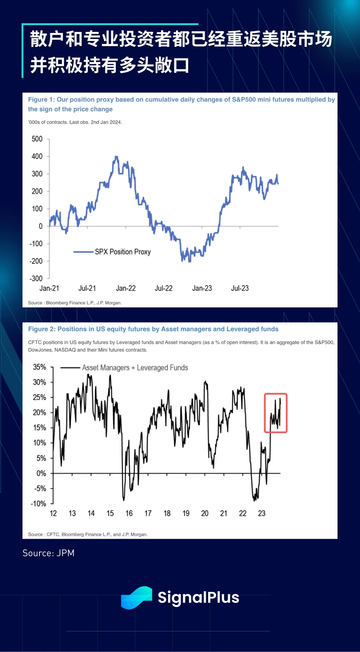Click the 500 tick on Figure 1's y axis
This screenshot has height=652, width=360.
[x=37, y=139]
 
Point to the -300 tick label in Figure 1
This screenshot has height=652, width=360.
[x=36, y=279]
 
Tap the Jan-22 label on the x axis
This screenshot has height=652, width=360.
[x=126, y=288]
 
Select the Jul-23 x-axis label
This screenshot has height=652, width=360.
[x=240, y=288]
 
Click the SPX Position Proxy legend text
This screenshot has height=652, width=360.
[x=123, y=252]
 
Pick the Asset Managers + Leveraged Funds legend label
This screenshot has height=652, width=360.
[x=135, y=368]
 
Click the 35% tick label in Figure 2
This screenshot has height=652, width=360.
[x=39, y=367]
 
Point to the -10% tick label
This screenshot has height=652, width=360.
[x=38, y=504]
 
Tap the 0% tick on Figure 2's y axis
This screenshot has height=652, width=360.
[x=41, y=474]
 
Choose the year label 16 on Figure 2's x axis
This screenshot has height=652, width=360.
[x=129, y=513]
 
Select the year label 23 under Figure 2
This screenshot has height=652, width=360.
[x=262, y=513]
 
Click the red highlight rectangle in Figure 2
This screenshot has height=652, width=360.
[x=276, y=413]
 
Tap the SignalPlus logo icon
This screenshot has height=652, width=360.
[x=136, y=598]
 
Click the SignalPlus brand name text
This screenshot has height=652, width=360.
[x=198, y=598]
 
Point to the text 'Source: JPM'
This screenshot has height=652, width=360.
[x=48, y=553]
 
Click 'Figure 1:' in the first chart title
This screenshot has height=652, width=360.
[x=42, y=100]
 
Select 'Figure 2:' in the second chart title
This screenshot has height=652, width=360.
[x=42, y=329]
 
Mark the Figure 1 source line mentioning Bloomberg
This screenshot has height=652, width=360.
[x=75, y=303]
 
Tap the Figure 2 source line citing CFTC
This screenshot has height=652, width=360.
[x=88, y=535]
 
